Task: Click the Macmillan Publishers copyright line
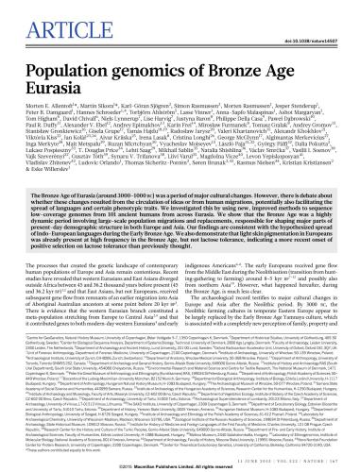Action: (x=180, y=464)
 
